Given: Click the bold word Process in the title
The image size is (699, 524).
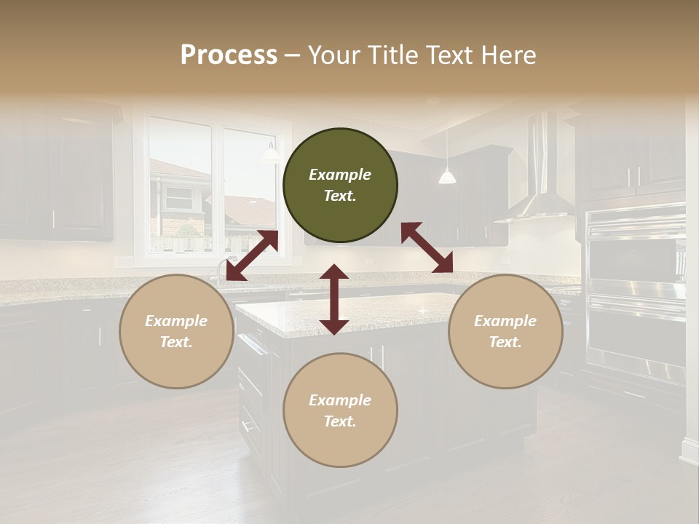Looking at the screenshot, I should click(x=229, y=55).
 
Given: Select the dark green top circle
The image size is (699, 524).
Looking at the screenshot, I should click(x=340, y=186).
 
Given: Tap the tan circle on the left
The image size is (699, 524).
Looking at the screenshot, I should click(x=176, y=331).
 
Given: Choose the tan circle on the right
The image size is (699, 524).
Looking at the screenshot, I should click(x=505, y=331).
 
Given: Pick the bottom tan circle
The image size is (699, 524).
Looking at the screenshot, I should click(x=340, y=410).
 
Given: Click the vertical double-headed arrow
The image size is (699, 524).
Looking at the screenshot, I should click(x=334, y=299).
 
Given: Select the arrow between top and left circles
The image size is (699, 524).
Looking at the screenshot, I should click(x=252, y=255).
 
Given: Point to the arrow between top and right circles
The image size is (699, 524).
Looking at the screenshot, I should click(x=427, y=247).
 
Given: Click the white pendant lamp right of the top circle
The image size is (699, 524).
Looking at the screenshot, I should click(x=447, y=175).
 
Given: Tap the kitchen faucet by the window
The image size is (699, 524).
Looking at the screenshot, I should click(x=218, y=271).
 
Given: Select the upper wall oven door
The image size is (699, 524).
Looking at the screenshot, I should click(x=636, y=255).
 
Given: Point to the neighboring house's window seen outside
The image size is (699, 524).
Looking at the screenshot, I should click(x=178, y=196).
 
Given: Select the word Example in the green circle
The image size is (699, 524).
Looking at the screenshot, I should click(x=340, y=175).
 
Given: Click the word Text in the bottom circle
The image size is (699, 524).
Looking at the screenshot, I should click(x=340, y=421).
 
